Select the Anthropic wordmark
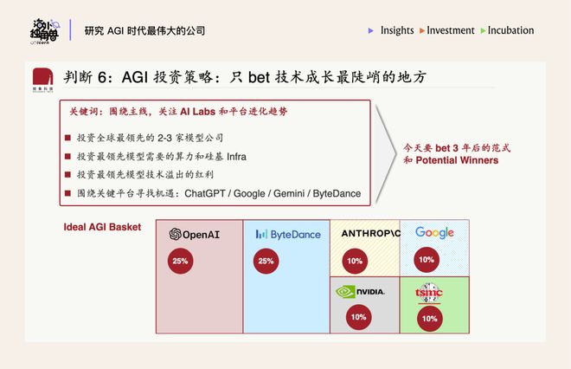[x=370, y=234]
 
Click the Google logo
[x=434, y=233]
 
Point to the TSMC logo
[x=429, y=292]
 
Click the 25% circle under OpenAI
[x=181, y=261]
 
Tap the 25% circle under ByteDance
[x=266, y=261]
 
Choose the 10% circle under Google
[x=427, y=259]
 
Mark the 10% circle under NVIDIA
[x=358, y=317]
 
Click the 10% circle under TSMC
[x=430, y=318]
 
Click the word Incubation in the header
[x=510, y=30]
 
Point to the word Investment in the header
[x=451, y=30]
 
